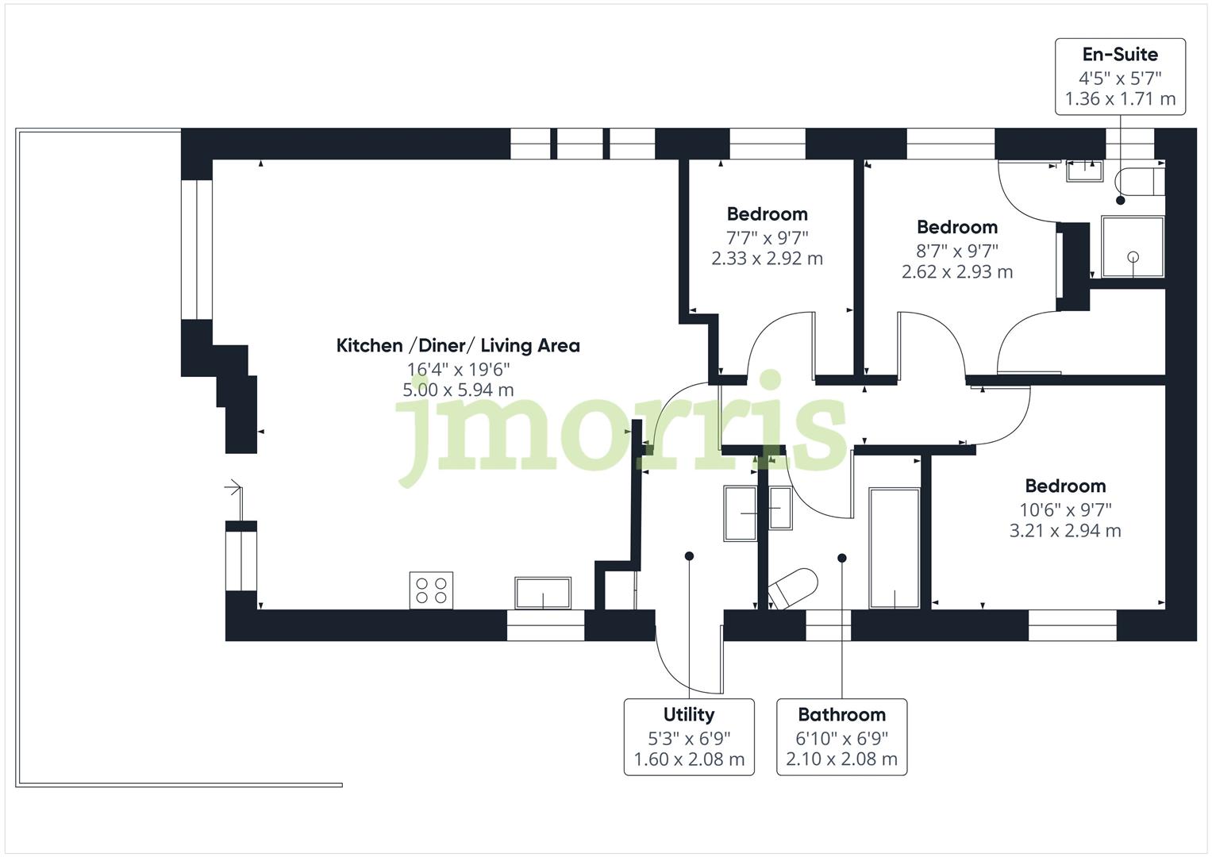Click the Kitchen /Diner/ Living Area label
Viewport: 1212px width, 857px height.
click(458, 346)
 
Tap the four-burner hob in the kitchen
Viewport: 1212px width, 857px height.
click(431, 590)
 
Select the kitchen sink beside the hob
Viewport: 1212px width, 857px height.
click(543, 593)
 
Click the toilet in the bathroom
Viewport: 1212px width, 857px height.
click(793, 588)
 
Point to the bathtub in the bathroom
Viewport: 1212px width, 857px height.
click(895, 548)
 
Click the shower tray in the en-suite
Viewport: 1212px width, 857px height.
click(1133, 247)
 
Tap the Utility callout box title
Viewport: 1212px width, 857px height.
click(688, 715)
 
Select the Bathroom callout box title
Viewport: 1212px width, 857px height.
click(841, 715)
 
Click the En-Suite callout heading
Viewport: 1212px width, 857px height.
click(1120, 55)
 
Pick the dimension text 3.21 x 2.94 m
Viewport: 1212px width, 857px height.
click(1064, 531)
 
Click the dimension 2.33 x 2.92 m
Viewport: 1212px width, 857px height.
click(767, 259)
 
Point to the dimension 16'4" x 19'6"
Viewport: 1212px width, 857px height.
click(458, 369)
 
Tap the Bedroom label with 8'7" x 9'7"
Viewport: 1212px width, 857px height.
click(956, 228)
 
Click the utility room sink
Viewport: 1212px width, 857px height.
click(741, 513)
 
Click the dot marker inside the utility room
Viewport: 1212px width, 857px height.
click(689, 556)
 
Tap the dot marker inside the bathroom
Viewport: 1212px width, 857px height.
click(842, 558)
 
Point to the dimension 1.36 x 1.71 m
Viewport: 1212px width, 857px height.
click(1120, 99)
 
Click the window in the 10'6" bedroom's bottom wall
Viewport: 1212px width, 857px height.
click(1072, 625)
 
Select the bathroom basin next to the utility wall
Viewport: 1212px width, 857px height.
click(780, 508)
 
